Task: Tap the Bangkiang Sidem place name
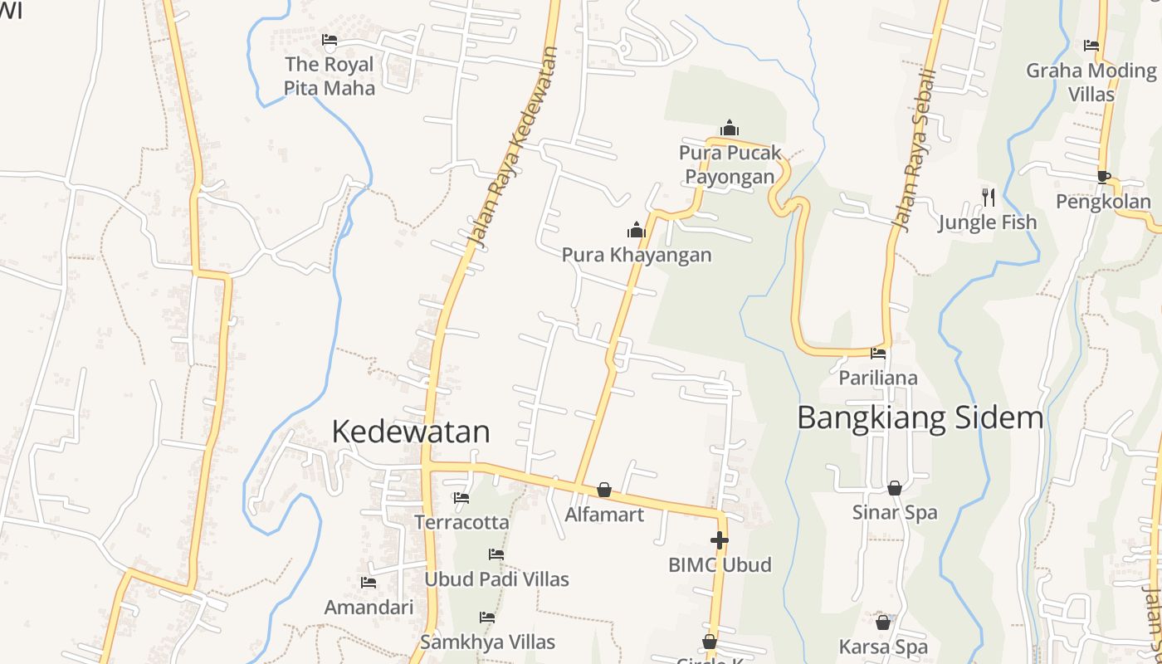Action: click(x=920, y=417)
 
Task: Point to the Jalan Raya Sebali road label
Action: click(x=914, y=149)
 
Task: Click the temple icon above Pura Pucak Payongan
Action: click(x=730, y=128)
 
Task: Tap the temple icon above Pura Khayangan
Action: click(x=637, y=230)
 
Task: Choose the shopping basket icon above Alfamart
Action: click(x=604, y=490)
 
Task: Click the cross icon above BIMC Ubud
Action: click(x=720, y=540)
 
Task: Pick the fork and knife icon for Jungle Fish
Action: click(x=988, y=197)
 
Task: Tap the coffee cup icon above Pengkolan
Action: click(x=1103, y=176)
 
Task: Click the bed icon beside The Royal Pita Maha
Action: click(x=330, y=40)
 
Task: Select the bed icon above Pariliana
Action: click(x=878, y=354)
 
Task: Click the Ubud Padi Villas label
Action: click(x=496, y=579)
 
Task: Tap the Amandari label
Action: click(x=369, y=607)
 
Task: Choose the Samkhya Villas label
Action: click(x=487, y=642)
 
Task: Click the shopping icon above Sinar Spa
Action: click(x=894, y=488)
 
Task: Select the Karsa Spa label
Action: click(x=883, y=647)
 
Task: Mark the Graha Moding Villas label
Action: click(x=1091, y=82)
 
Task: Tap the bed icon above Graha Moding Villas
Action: click(x=1091, y=46)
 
